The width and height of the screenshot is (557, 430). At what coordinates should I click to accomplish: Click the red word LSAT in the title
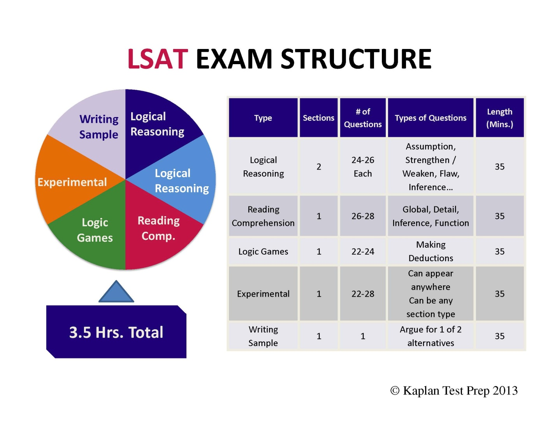click(x=158, y=59)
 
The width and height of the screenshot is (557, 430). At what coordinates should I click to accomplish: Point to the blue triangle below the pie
click(x=116, y=292)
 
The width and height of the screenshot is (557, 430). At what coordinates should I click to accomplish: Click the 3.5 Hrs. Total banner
click(x=116, y=332)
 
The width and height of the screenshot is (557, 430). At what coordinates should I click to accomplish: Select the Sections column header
click(x=318, y=118)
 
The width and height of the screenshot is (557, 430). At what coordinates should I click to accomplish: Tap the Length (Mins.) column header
click(x=499, y=118)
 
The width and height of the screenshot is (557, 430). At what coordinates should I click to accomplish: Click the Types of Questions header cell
click(x=430, y=118)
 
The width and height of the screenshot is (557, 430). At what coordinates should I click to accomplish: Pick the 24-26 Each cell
click(x=363, y=166)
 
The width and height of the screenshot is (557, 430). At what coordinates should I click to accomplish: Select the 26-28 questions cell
click(x=363, y=216)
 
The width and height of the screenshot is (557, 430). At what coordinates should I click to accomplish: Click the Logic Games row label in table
click(x=263, y=252)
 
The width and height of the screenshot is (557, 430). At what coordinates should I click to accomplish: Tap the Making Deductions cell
click(x=430, y=251)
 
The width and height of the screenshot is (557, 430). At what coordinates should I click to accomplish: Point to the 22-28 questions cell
click(x=363, y=294)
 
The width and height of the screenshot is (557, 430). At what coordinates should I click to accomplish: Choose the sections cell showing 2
click(x=318, y=166)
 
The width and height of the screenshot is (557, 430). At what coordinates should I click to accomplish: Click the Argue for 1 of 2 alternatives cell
click(x=430, y=336)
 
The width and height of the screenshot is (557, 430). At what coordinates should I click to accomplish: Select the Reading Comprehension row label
click(x=263, y=216)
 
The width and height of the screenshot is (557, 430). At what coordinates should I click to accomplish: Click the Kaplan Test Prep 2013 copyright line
click(x=454, y=390)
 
